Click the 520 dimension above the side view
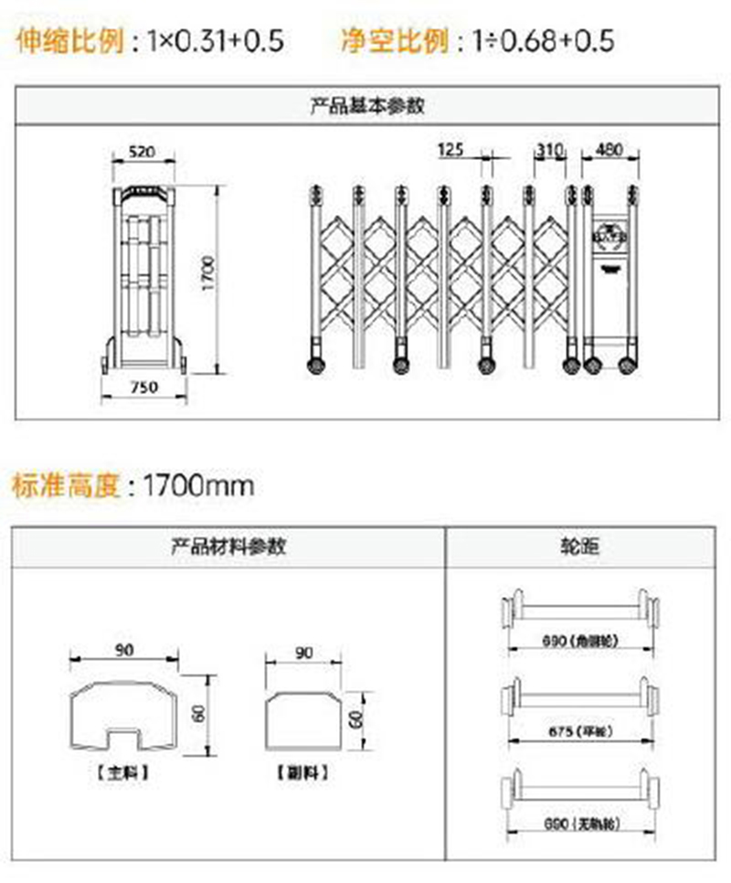(x=141, y=152)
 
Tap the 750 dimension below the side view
(x=143, y=387)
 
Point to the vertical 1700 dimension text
(x=208, y=274)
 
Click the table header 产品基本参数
(x=366, y=105)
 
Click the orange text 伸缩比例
(x=69, y=40)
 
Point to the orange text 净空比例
(x=395, y=40)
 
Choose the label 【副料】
(x=302, y=772)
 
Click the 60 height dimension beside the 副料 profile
(x=355, y=718)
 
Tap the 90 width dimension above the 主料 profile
(x=125, y=650)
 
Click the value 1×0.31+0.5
(x=216, y=40)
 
